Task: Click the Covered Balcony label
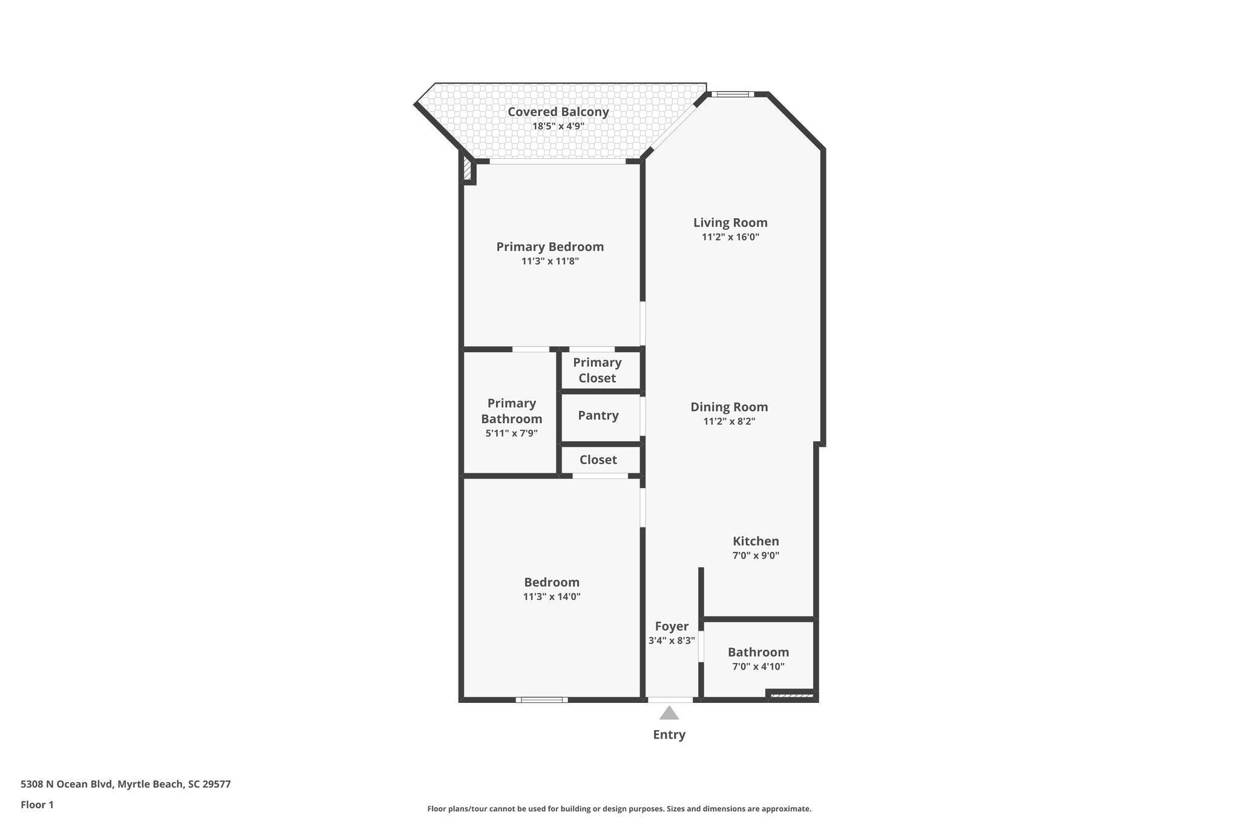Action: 558,112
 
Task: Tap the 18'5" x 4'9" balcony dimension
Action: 558,126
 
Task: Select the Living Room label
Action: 730,222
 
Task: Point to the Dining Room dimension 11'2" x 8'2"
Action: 729,422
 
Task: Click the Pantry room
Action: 598,416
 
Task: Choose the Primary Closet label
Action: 597,370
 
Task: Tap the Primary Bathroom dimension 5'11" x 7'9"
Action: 511,433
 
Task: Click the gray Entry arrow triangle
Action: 669,714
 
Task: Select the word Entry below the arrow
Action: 669,735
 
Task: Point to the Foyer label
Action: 672,626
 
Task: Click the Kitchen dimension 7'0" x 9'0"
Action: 756,555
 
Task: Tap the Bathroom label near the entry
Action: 758,652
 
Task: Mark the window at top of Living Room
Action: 732,94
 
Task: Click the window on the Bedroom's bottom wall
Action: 542,700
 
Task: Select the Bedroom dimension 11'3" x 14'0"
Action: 552,597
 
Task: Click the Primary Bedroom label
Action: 550,247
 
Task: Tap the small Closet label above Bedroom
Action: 598,460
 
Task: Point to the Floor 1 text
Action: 37,804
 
